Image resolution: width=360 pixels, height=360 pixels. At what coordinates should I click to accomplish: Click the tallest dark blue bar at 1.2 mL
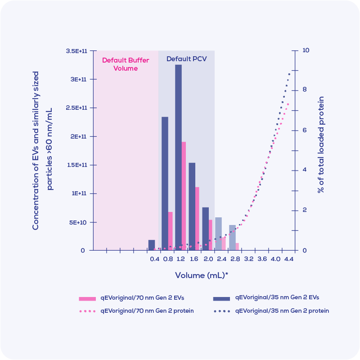tap(178, 157)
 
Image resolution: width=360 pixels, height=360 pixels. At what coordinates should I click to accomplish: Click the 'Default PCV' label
tap(186, 59)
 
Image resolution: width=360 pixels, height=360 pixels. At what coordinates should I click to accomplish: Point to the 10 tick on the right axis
tap(306, 50)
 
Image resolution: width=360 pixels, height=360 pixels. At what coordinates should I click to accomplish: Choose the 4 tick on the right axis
tap(305, 170)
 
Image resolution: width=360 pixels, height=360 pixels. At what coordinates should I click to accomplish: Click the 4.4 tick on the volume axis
tap(288, 259)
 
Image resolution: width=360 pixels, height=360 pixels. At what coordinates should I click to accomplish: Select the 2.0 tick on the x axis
tap(208, 259)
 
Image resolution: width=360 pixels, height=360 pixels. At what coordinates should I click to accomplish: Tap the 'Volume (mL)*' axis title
tap(201, 275)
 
